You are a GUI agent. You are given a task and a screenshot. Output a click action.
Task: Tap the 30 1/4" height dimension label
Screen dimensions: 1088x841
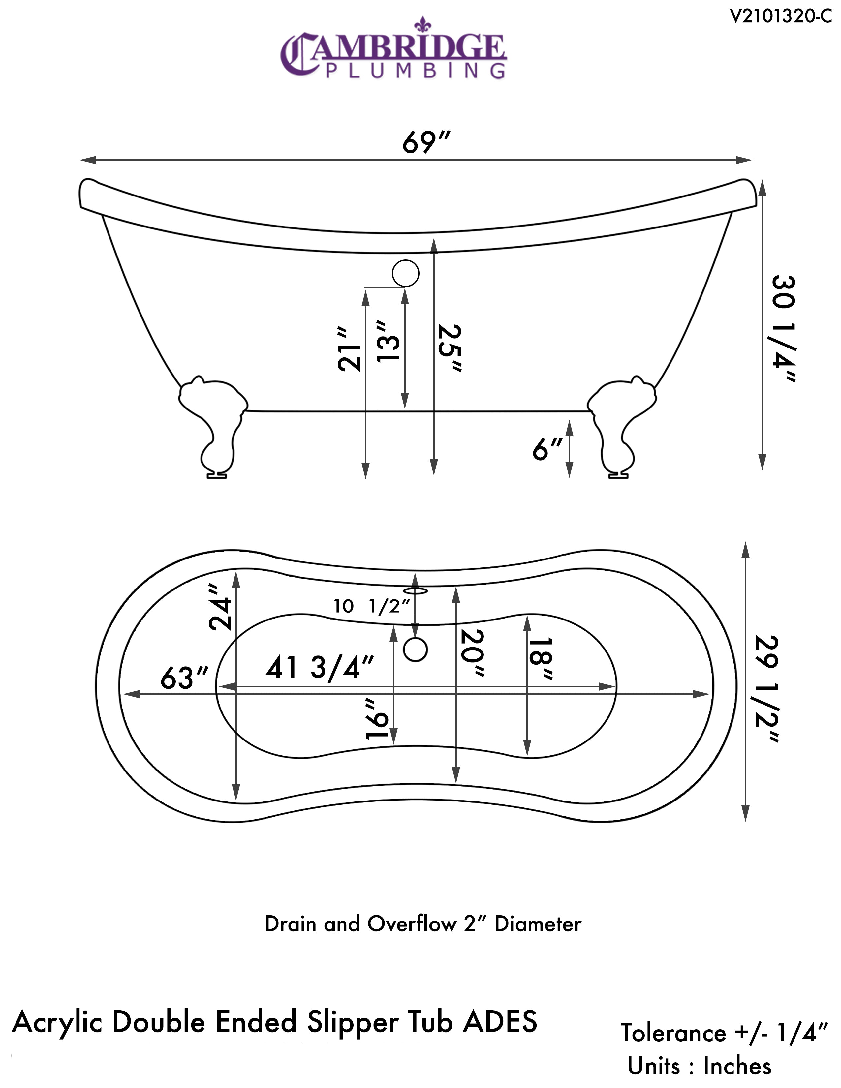point(784,329)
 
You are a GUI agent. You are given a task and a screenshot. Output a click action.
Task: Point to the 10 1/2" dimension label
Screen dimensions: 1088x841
point(372,606)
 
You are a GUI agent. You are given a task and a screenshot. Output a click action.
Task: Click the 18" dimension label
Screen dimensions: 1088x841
point(540,659)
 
